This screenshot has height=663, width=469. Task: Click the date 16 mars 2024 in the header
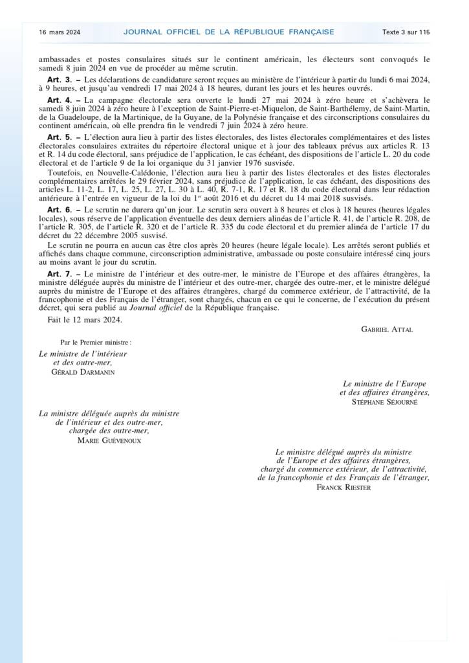point(60,31)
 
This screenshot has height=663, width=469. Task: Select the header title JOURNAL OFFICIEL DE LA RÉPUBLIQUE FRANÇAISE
point(228,31)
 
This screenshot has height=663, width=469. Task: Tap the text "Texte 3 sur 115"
point(406,31)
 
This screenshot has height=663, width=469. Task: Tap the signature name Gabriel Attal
point(387,329)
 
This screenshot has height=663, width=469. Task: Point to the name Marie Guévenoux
point(109,440)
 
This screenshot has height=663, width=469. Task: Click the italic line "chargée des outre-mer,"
point(109,431)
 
